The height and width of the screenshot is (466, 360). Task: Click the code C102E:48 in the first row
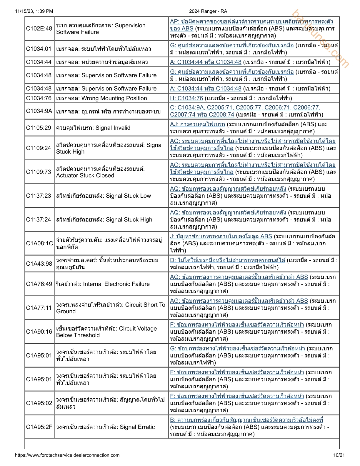coord(39,29)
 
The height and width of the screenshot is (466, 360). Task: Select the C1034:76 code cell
coord(39,98)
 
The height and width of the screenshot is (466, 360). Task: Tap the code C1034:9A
coord(39,111)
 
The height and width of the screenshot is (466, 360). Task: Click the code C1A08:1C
coord(39,243)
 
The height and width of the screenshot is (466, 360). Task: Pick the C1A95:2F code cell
coord(39,427)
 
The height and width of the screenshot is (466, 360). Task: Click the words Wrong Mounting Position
coord(114,98)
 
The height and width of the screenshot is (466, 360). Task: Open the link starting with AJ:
coord(197,124)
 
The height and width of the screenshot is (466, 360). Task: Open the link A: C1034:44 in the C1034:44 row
coord(206,62)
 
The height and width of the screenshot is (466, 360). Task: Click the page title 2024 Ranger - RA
coord(208,11)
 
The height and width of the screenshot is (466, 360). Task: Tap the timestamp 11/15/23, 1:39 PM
coord(34,11)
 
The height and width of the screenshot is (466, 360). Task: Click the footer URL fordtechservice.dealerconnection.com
coord(67,455)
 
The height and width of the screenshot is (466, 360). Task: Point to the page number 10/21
coord(339,455)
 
